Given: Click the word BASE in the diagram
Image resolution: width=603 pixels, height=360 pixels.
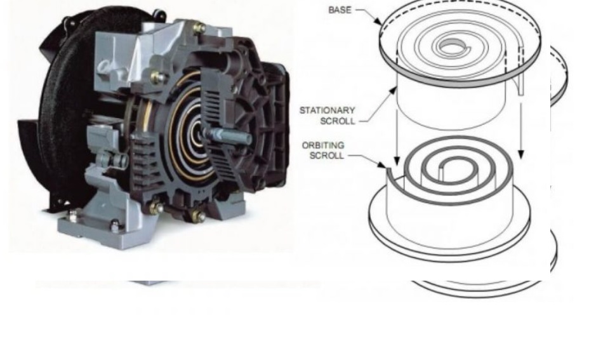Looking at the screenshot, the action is [x=340, y=10].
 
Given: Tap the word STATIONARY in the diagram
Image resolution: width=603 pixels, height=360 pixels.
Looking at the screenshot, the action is [x=328, y=110].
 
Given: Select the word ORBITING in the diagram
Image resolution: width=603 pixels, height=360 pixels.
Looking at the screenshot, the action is [x=323, y=145].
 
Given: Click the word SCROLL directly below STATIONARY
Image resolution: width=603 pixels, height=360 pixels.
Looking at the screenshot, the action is [x=338, y=121].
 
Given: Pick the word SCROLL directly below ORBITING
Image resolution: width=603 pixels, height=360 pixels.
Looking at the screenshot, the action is [x=327, y=156].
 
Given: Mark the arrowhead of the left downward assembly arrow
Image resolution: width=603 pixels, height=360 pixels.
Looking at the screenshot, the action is [x=397, y=160].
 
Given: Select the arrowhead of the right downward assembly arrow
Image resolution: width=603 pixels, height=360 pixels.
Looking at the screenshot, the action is [x=521, y=154].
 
